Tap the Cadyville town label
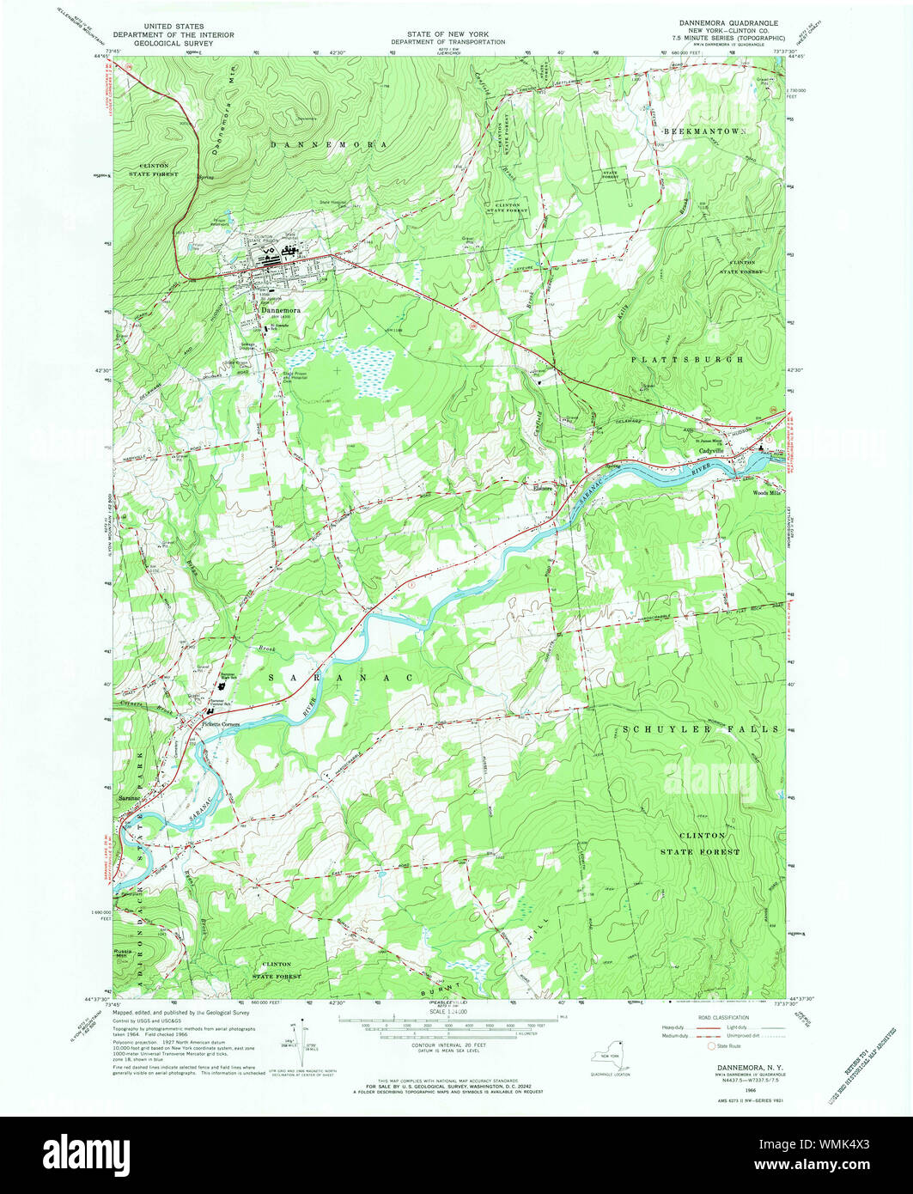(x=712, y=450)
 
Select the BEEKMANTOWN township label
(x=706, y=129)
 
